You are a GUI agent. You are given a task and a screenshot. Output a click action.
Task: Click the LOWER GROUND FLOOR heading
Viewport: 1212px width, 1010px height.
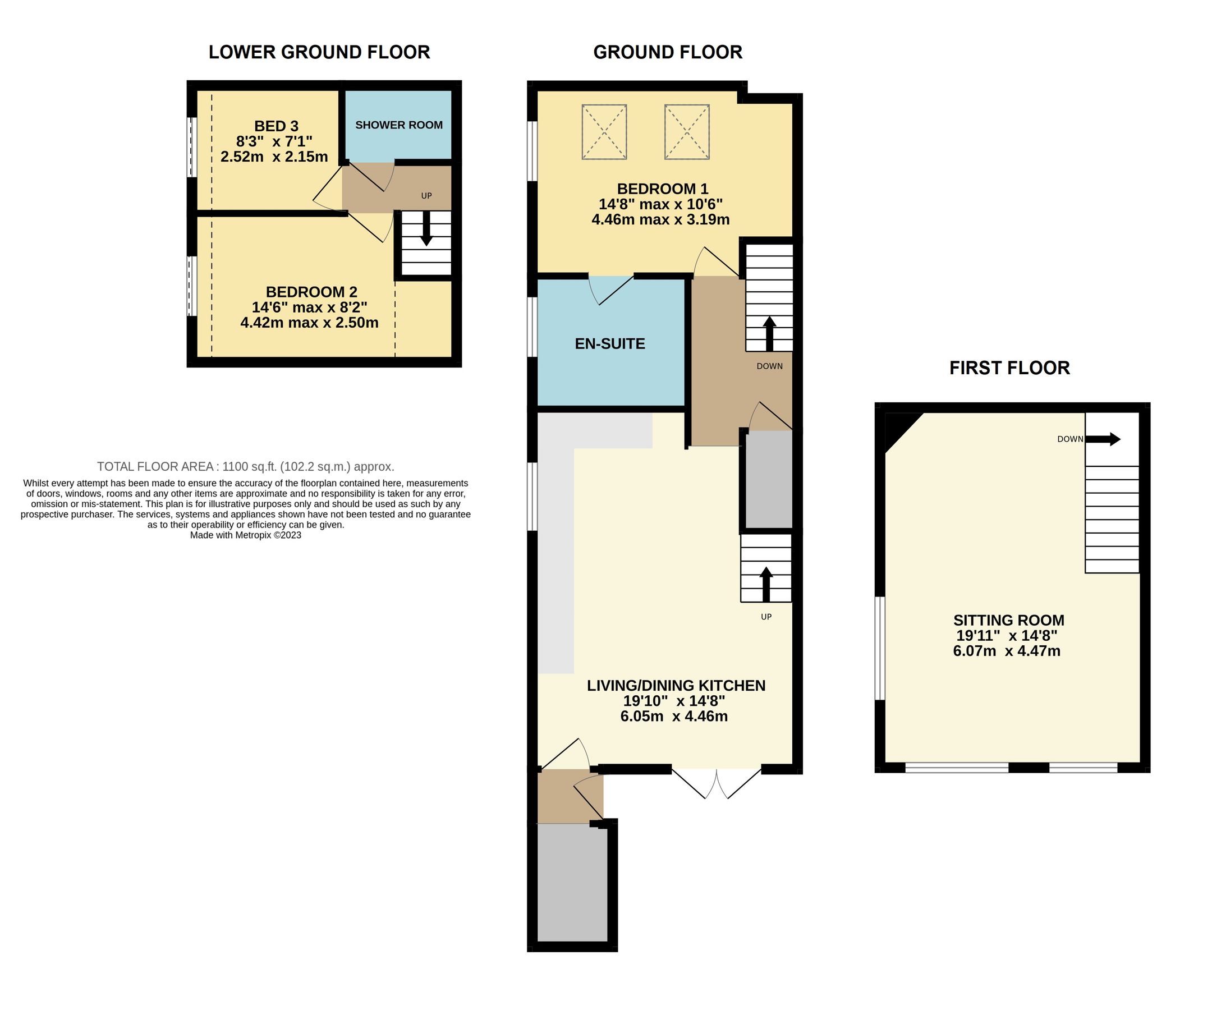[319, 53]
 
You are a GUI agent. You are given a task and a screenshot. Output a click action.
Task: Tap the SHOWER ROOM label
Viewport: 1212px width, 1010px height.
[399, 125]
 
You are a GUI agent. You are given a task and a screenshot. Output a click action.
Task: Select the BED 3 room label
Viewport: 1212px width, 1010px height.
[277, 126]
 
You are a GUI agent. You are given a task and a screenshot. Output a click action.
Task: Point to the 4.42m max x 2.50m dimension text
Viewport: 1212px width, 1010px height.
[309, 323]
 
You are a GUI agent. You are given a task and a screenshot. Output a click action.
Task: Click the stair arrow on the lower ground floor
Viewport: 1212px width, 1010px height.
[426, 229]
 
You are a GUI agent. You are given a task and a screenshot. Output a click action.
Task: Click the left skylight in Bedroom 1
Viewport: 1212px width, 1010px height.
[604, 132]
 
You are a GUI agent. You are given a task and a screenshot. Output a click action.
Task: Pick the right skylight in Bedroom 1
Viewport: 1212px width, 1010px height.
[687, 132]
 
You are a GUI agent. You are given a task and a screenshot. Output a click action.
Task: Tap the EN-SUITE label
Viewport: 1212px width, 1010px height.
[610, 344]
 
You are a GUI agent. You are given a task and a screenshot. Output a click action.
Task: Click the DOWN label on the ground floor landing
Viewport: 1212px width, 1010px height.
[769, 366]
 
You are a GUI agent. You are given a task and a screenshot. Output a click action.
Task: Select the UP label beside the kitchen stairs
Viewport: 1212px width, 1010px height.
[766, 617]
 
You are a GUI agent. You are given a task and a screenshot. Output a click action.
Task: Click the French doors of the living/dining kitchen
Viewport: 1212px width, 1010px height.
[716, 783]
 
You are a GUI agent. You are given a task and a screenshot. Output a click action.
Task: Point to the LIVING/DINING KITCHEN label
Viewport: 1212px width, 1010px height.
[676, 686]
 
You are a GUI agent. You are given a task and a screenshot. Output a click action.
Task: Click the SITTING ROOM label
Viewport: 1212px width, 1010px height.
[1008, 621]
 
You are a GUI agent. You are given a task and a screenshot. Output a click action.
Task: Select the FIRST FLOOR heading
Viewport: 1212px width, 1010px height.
[1009, 368]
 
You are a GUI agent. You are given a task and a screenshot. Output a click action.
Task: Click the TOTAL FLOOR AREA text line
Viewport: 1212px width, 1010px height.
[245, 466]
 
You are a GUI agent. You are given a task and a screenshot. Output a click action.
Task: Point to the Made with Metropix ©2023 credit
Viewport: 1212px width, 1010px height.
[245, 535]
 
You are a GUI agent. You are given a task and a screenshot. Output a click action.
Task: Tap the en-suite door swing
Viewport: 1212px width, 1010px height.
[609, 291]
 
